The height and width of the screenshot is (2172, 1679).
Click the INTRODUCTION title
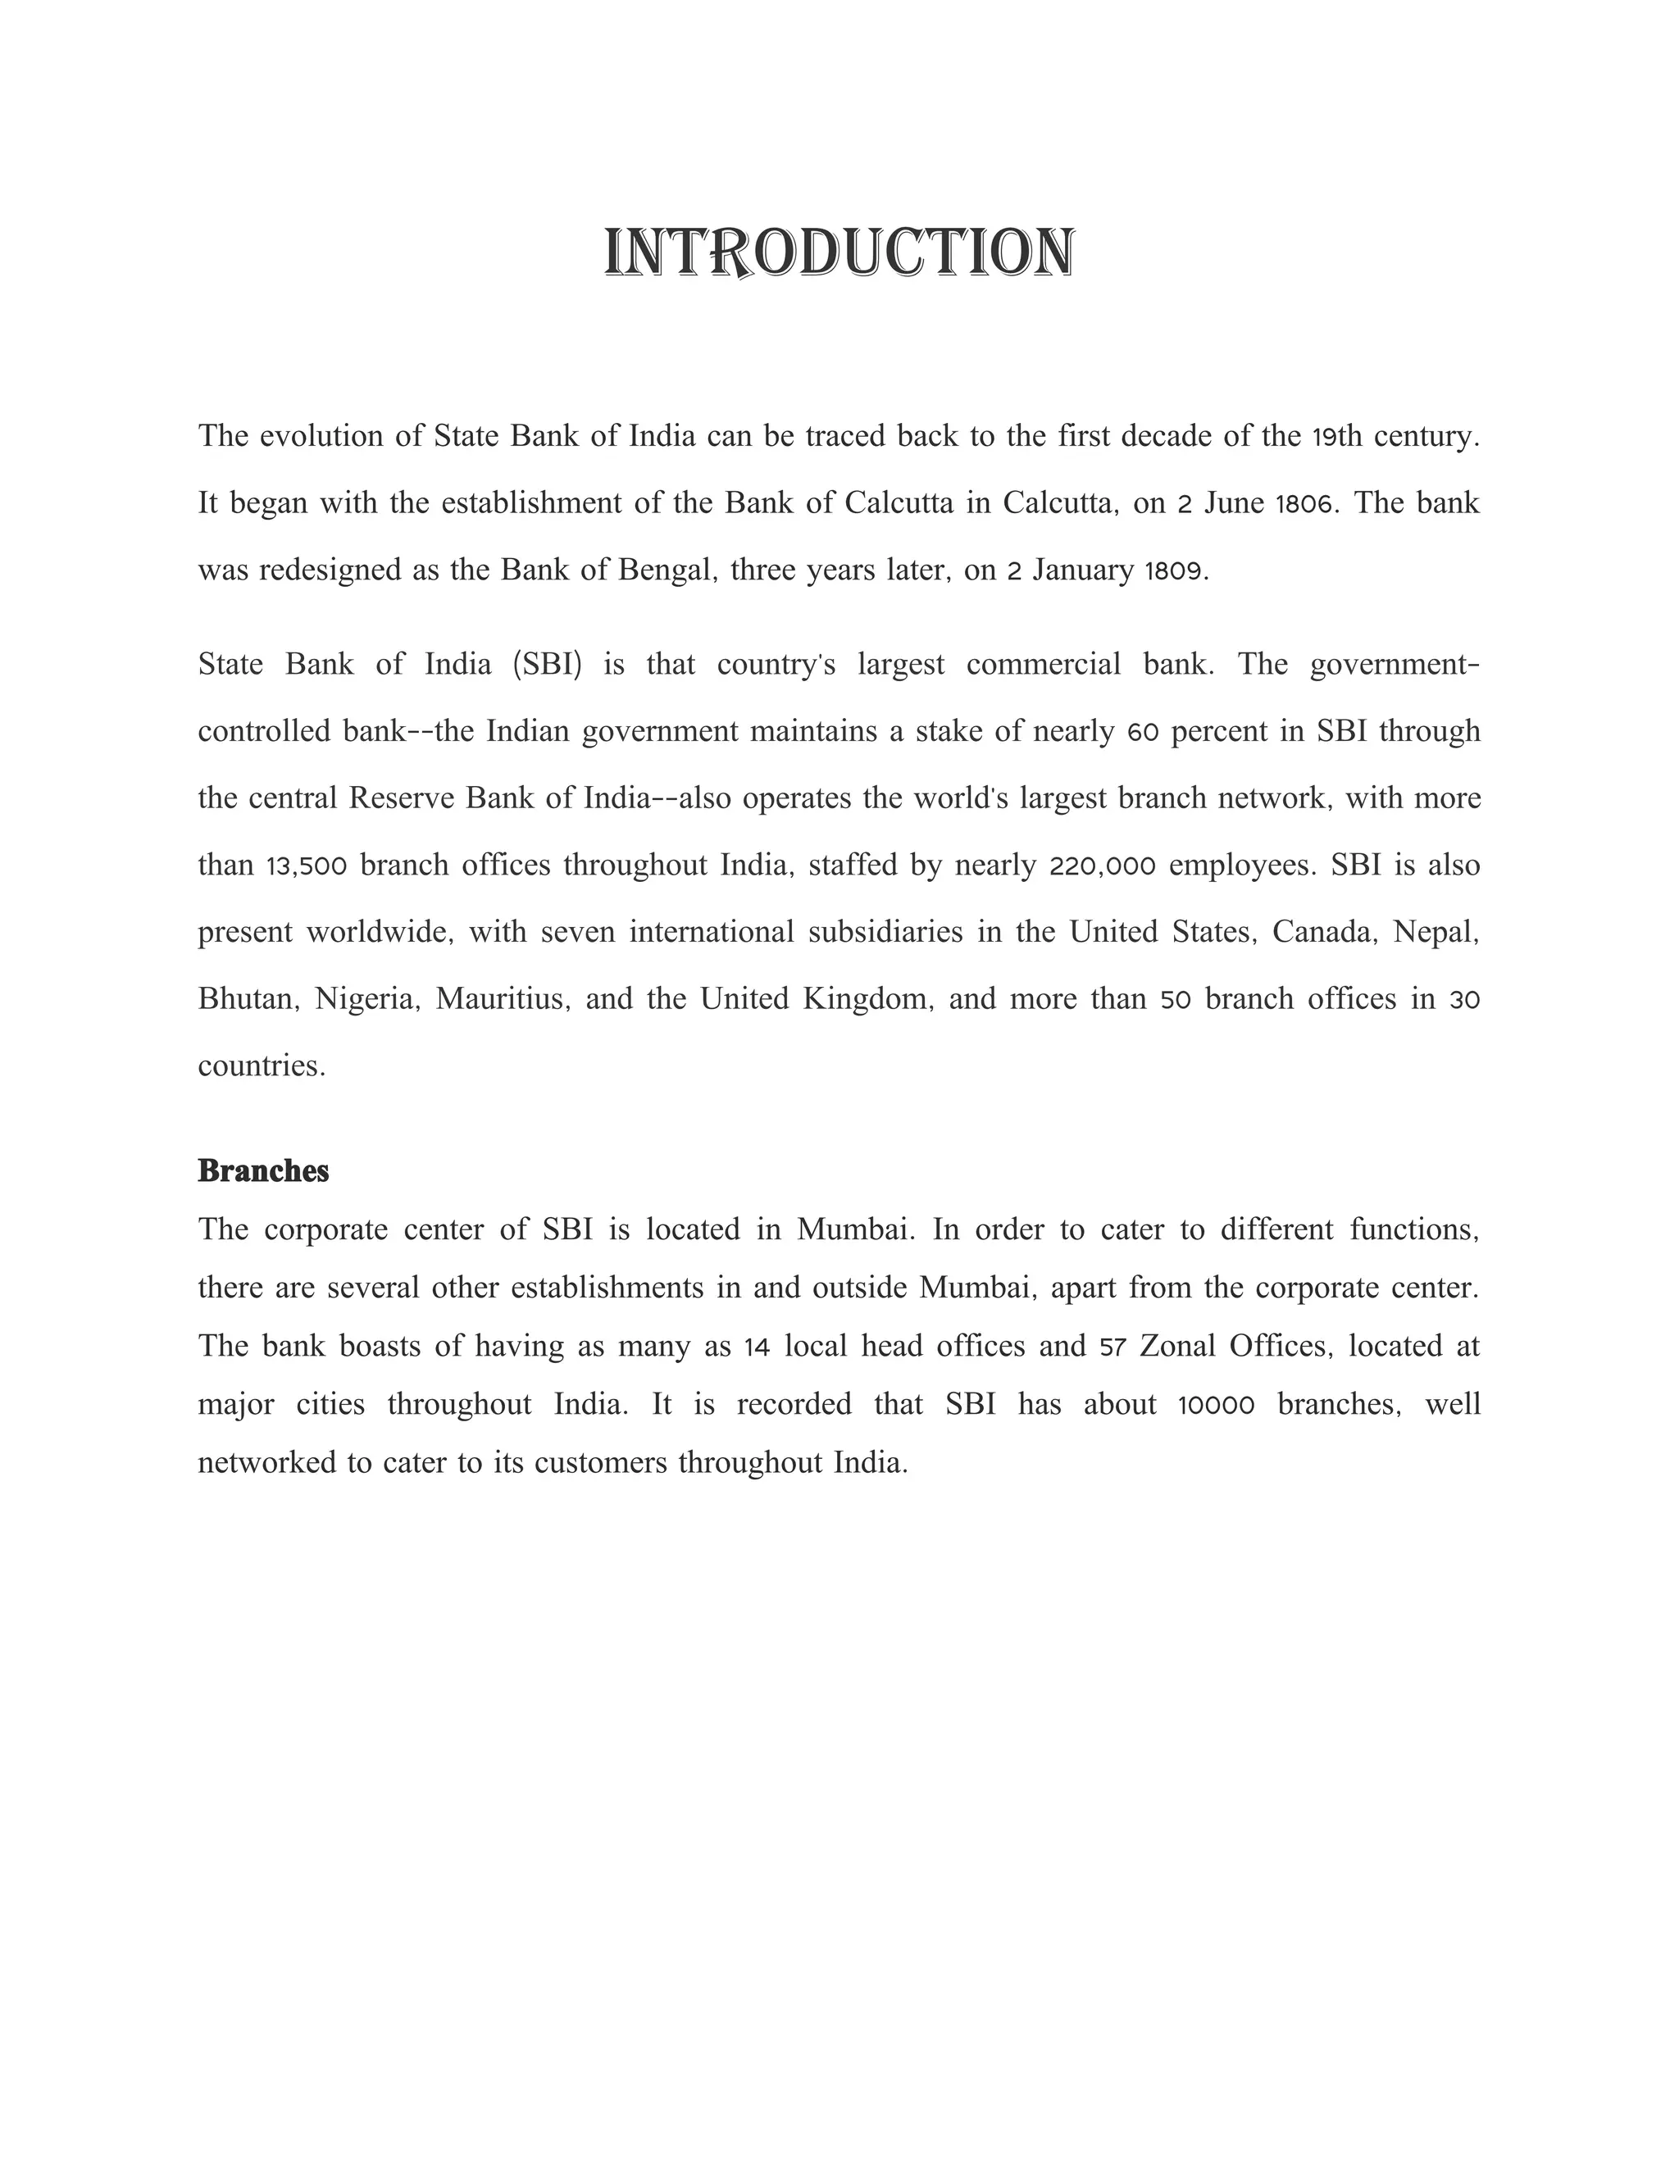pos(839,252)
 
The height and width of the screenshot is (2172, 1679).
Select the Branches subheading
pos(264,1170)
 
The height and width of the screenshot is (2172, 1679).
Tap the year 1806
pos(1303,504)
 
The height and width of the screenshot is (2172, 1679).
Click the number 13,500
pos(307,866)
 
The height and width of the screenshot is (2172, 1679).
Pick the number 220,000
pos(1102,866)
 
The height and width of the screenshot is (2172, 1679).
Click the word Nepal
pos(1436,933)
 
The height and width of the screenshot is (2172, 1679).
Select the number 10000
pos(1217,1405)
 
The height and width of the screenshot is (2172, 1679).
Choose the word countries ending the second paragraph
pos(262,1066)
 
